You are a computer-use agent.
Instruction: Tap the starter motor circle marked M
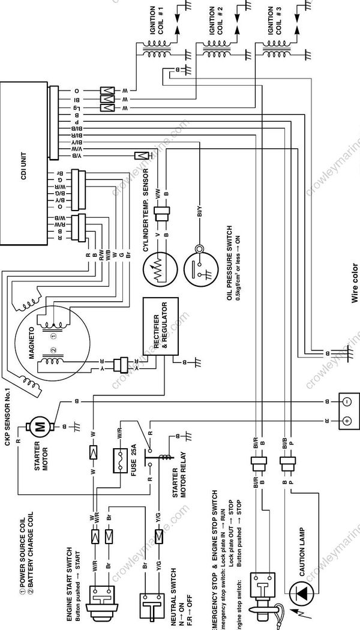coord(41,427)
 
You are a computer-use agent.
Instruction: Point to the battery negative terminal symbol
coord(347,401)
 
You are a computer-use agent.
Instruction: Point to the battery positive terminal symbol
coord(347,421)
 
